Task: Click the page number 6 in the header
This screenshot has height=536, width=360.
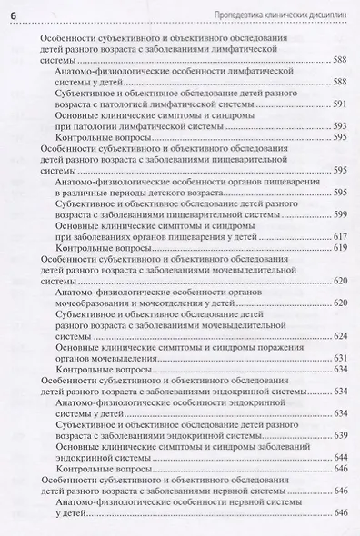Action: [x=13, y=11]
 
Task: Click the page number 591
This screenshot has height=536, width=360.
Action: [x=340, y=104]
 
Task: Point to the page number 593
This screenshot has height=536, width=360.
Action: [x=340, y=126]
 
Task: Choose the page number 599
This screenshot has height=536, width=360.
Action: [x=340, y=214]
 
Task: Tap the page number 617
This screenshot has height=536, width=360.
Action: [x=340, y=236]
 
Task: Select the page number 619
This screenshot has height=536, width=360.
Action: [x=340, y=247]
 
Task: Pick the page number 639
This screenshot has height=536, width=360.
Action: [x=340, y=435]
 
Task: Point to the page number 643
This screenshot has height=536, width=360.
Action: [x=340, y=457]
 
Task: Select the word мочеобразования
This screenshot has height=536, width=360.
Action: [x=98, y=303]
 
